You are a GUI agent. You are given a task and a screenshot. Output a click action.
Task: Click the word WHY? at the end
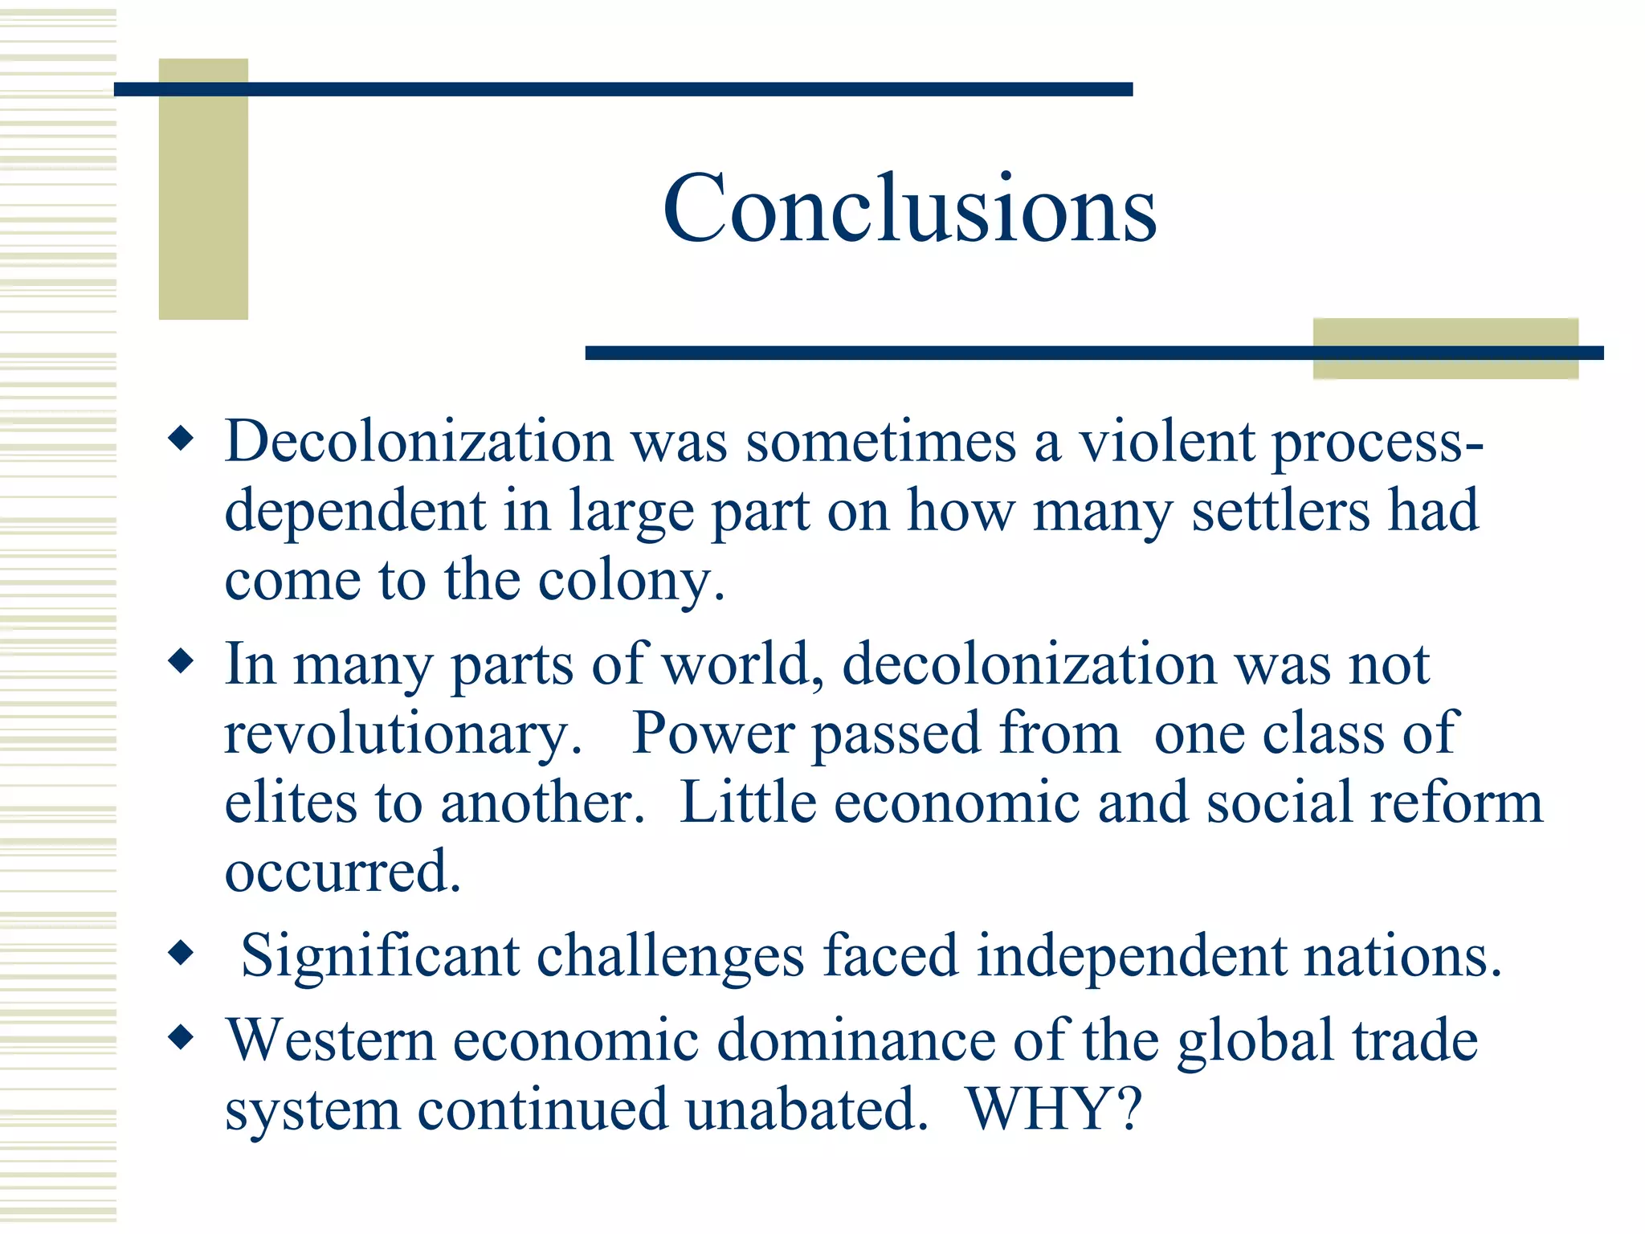click(1054, 1109)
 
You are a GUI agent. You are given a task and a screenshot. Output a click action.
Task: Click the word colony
click(631, 581)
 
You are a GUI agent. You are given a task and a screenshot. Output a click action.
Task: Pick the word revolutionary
click(402, 734)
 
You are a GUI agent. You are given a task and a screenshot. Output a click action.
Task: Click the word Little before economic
click(748, 803)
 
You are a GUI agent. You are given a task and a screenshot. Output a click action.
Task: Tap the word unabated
click(806, 1109)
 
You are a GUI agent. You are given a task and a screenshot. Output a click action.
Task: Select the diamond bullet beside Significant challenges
click(182, 953)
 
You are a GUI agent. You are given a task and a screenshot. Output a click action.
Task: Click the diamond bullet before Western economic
click(182, 1037)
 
